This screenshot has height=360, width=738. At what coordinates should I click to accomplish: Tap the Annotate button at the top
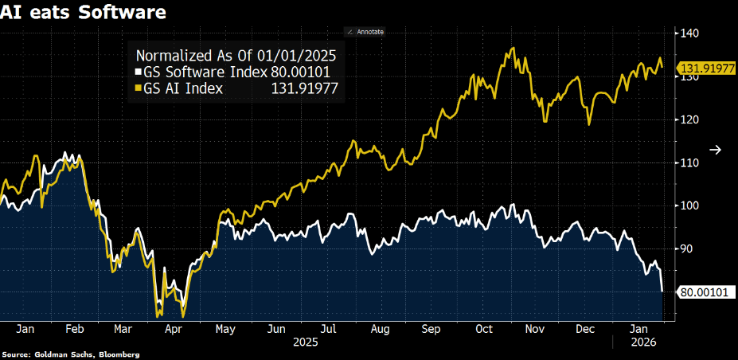point(365,32)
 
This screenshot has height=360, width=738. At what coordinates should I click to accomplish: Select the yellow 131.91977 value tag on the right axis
point(706,68)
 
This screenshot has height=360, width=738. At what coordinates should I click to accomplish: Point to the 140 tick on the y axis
point(689,33)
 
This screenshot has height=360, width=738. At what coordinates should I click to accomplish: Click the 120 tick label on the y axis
point(689,120)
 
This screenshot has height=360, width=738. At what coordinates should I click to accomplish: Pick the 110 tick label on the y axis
point(689,162)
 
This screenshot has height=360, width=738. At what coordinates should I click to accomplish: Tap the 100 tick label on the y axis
point(689,206)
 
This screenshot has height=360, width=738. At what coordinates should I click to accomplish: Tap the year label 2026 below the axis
point(638,342)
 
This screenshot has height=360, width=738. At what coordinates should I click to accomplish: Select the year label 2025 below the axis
point(306,342)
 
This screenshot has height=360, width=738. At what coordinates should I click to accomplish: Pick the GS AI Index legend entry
point(236,88)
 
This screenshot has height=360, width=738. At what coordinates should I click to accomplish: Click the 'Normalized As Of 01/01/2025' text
point(236,56)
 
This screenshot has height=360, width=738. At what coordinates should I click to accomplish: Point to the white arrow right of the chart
point(716,150)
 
